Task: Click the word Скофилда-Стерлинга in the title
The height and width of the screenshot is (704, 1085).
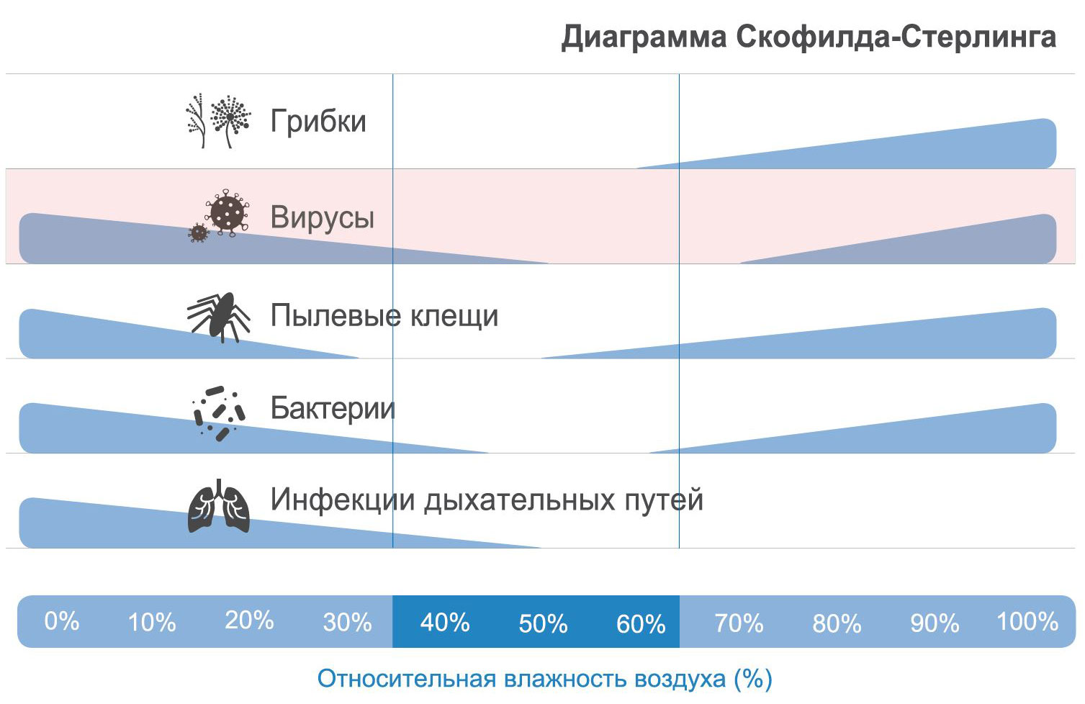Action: coord(896,37)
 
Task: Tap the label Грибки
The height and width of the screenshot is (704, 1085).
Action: coord(318,120)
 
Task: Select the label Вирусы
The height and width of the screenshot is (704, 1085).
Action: coord(322,217)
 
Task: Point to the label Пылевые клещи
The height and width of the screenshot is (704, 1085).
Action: coord(384,316)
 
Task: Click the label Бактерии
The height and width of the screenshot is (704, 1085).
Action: coord(333,408)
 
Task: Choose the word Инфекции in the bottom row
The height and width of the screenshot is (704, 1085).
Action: coord(343,499)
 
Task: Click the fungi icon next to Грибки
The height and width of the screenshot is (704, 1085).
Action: coord(218,120)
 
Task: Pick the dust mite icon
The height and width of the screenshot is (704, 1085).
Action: coord(219,317)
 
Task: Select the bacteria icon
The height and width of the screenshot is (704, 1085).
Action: coord(219,413)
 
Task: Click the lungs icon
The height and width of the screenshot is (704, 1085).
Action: coord(219,506)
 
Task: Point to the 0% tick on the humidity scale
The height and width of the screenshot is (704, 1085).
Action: coord(61,621)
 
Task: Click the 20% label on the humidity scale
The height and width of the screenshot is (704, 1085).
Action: coord(249,620)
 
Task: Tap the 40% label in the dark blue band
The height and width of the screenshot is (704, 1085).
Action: coord(445,622)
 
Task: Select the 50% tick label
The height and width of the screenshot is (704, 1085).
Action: coord(543,623)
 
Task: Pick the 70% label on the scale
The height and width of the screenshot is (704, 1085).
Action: coord(739,623)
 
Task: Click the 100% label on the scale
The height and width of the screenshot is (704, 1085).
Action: coord(1027,621)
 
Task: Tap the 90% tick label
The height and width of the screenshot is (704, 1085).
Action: coord(935,623)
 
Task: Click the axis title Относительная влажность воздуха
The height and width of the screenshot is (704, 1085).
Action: coord(522,679)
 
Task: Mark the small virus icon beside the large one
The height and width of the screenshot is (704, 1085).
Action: coord(199,233)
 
